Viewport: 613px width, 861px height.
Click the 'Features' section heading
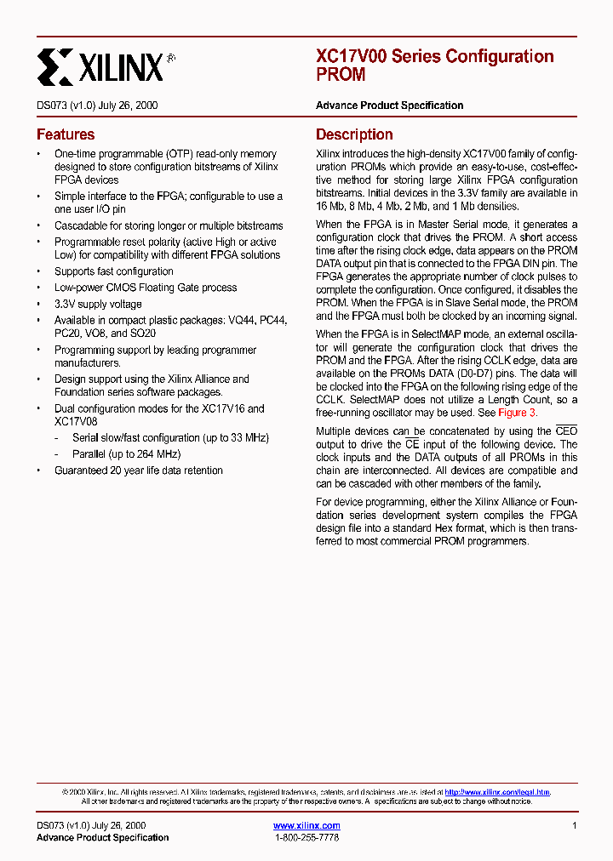[66, 134]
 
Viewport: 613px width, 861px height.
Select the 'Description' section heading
[354, 134]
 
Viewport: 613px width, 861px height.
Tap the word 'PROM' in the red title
[341, 75]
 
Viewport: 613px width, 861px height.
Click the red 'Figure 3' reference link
[517, 413]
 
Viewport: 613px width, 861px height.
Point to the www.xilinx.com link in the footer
[306, 826]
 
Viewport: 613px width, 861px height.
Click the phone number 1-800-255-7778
[306, 838]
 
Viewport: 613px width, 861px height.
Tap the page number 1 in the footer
[575, 826]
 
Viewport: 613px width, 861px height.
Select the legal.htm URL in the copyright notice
[497, 791]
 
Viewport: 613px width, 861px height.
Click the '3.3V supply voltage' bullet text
[98, 304]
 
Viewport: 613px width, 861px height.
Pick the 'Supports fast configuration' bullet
[114, 271]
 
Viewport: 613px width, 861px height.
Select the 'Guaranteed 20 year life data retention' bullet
[139, 470]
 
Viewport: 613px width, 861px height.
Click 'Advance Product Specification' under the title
[389, 105]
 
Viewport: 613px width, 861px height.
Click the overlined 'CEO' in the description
[566, 431]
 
